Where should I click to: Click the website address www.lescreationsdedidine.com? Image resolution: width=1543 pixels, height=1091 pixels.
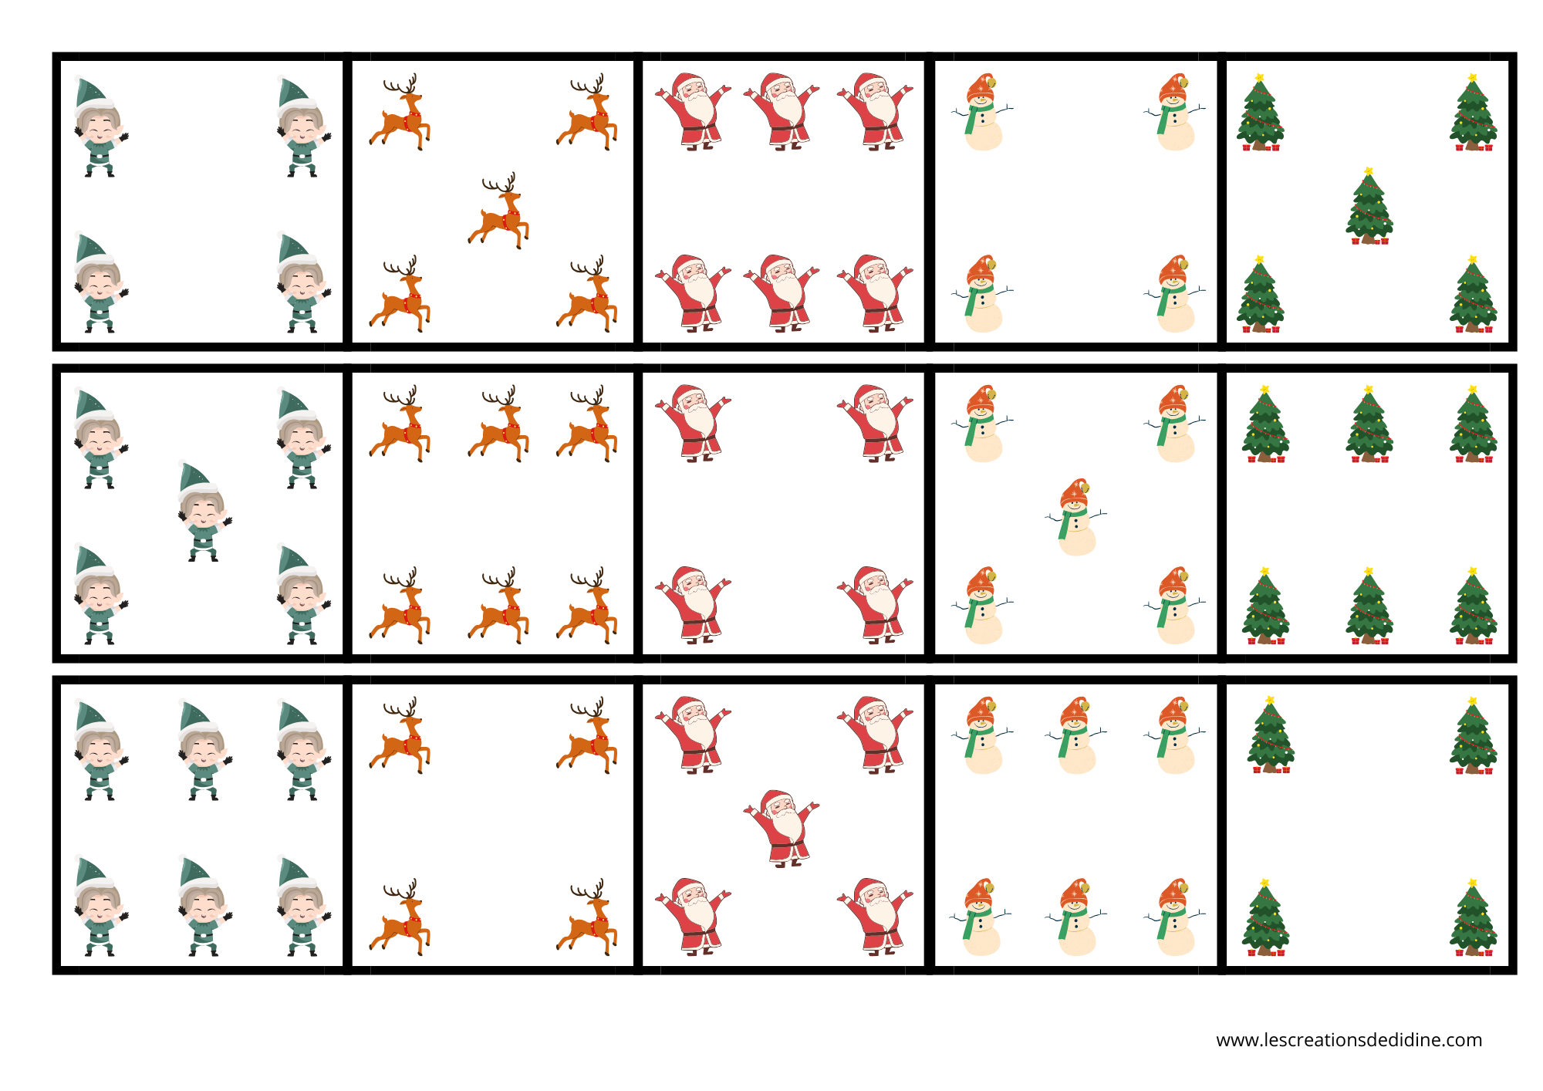click(1349, 1040)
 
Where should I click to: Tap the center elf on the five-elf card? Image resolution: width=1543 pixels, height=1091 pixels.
click(204, 511)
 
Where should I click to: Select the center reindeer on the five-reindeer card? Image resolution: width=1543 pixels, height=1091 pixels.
click(498, 210)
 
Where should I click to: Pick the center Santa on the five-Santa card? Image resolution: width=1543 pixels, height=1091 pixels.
click(782, 829)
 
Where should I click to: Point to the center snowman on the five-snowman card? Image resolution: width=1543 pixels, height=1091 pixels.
click(1076, 517)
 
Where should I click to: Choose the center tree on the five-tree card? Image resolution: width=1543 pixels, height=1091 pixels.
click(1369, 206)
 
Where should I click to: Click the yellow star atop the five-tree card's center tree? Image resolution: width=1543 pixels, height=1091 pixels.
click(1369, 171)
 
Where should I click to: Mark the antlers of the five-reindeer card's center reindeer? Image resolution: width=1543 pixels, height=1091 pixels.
click(500, 184)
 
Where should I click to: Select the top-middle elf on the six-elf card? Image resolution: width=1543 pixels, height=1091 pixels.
click(204, 749)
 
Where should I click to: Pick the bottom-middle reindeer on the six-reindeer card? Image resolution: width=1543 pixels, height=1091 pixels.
click(498, 606)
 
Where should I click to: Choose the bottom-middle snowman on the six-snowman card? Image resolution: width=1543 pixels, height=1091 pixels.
click(1076, 917)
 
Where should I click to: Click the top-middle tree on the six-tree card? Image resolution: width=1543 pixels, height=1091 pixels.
click(1369, 424)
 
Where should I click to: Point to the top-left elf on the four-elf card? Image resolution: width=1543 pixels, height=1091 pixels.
click(100, 127)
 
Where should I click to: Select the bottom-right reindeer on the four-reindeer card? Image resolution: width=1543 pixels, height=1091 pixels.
click(587, 917)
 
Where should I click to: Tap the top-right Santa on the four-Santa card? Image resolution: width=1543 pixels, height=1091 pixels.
click(875, 424)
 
